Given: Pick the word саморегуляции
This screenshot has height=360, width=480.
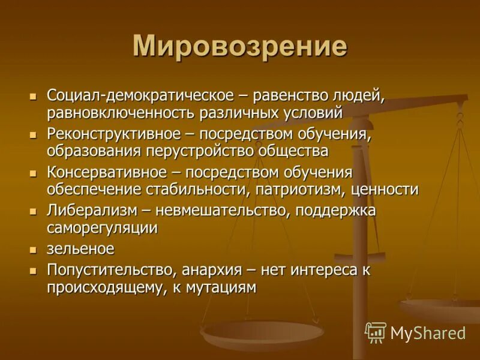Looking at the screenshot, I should (x=102, y=228).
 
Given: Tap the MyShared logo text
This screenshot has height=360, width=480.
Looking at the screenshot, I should (x=428, y=333).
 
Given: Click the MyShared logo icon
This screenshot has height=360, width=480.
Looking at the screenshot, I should (x=376, y=332).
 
